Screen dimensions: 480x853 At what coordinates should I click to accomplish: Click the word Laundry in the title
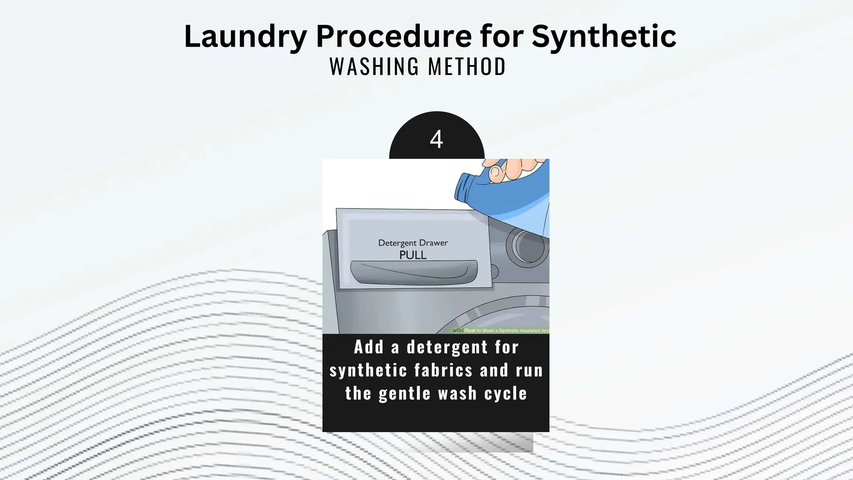pos(245,37)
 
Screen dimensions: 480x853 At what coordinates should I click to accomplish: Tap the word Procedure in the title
pos(394,37)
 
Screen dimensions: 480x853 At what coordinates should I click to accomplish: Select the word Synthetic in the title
pos(604,37)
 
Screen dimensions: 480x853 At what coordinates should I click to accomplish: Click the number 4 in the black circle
pos(436,139)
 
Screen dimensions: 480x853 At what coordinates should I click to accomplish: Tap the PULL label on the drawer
pos(413,255)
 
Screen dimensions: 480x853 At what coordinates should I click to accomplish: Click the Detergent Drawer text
pos(413,243)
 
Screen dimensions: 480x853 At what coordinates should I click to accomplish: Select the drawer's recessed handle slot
pos(414,272)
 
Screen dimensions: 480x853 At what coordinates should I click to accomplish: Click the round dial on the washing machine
pos(527,245)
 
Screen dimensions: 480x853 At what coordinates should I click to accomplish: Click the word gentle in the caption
pos(404,394)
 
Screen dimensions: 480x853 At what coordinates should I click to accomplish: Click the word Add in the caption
pos(368,347)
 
